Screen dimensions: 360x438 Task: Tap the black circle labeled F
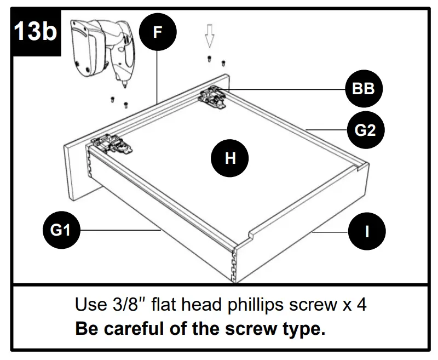pyautogui.click(x=158, y=32)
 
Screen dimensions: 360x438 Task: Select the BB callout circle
pyautogui.click(x=363, y=89)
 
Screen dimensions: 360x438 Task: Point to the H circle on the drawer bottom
pyautogui.click(x=230, y=158)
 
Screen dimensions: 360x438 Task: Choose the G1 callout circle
pyautogui.click(x=62, y=231)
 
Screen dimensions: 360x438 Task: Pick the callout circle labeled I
pyautogui.click(x=367, y=231)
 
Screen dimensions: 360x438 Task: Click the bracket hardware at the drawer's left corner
pyautogui.click(x=112, y=144)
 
